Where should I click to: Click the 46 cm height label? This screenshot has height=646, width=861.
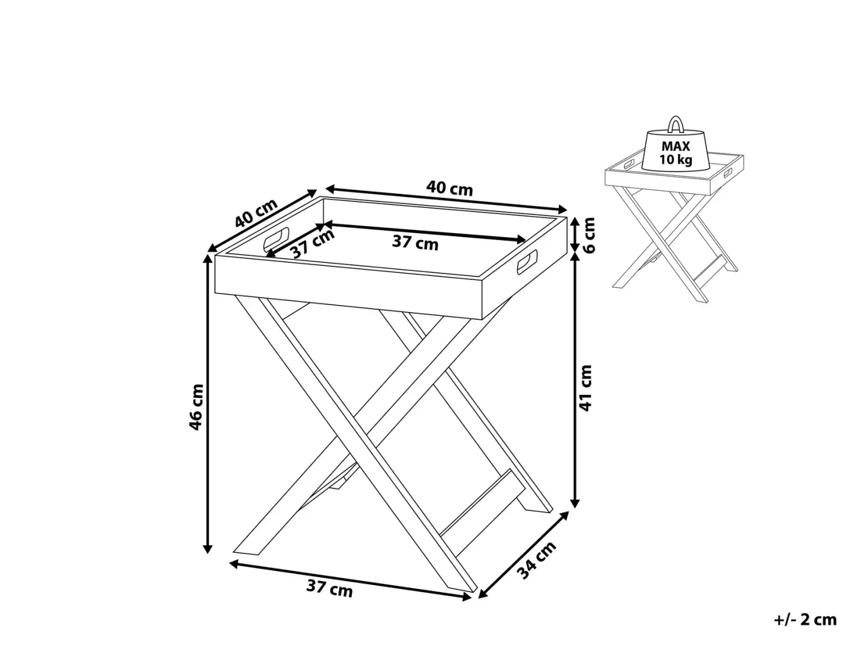click(x=197, y=407)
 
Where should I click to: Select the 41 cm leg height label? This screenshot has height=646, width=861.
click(x=585, y=388)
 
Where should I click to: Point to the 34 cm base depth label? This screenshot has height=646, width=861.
click(x=537, y=559)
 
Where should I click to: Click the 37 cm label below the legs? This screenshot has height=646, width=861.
click(x=330, y=589)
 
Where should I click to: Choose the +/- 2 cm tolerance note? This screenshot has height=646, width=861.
click(x=805, y=620)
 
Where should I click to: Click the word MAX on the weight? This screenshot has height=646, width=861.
click(x=675, y=146)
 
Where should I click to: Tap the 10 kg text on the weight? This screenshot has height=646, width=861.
click(x=675, y=160)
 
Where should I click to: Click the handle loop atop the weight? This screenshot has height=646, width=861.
click(x=675, y=124)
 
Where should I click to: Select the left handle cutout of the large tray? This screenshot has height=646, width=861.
click(x=276, y=239)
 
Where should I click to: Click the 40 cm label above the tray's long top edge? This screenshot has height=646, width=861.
click(x=449, y=189)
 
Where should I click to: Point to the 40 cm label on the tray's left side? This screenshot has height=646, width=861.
click(x=256, y=213)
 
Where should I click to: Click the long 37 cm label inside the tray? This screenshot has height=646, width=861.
click(x=415, y=242)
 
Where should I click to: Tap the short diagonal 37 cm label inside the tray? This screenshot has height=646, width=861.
click(x=313, y=244)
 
